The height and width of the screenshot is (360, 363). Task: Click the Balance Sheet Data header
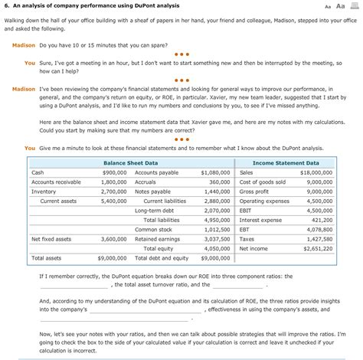point(130,163)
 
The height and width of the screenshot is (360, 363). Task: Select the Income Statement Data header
point(286,163)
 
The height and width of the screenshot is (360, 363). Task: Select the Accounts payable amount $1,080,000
point(214,173)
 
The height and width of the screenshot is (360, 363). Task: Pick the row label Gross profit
point(253,191)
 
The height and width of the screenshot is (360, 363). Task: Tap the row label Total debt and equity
point(162,258)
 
